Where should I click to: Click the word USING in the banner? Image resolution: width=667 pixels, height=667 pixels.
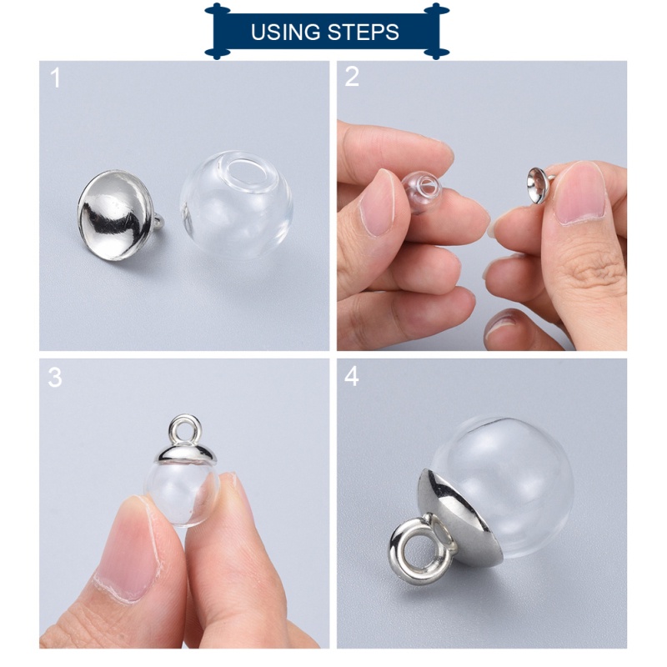(x=285, y=32)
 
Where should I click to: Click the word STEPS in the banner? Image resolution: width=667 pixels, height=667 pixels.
(x=364, y=32)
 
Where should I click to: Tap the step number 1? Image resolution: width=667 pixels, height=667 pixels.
(x=55, y=78)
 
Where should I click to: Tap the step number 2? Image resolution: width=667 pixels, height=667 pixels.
(x=352, y=77)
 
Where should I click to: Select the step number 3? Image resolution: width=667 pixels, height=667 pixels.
(x=55, y=378)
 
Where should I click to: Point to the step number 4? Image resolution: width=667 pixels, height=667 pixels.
(x=351, y=376)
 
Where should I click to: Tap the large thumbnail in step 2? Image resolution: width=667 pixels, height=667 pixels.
(x=580, y=194)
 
